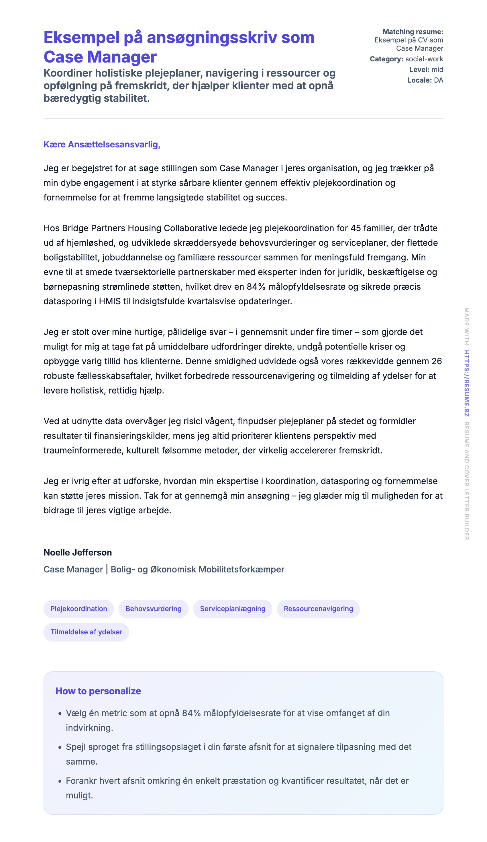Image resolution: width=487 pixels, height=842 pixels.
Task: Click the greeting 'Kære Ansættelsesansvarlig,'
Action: click(102, 144)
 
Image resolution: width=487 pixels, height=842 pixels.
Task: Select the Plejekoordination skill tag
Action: click(79, 609)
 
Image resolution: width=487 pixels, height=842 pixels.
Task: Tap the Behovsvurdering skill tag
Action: click(154, 609)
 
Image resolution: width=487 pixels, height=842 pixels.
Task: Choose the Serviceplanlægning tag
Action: click(233, 609)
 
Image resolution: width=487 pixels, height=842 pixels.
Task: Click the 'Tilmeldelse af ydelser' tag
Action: click(86, 632)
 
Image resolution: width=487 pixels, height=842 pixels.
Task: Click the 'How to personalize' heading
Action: click(98, 691)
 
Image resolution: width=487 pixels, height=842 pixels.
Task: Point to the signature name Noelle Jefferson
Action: click(78, 552)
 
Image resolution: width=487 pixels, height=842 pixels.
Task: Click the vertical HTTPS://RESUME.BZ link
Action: click(467, 383)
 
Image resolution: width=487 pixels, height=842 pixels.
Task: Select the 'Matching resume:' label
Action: click(413, 32)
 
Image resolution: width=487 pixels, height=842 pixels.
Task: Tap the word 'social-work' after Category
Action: click(424, 59)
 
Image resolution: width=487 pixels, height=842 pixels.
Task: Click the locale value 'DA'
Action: click(438, 80)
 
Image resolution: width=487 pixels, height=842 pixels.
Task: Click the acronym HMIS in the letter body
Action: click(110, 301)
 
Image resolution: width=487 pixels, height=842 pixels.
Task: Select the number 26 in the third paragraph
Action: click(437, 361)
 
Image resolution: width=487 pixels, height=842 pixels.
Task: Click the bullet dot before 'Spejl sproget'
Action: click(60, 747)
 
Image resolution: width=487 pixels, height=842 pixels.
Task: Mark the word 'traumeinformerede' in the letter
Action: click(83, 451)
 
